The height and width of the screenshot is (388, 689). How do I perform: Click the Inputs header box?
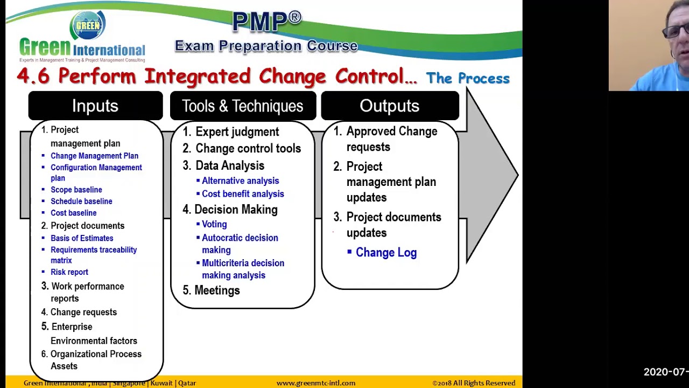tap(95, 106)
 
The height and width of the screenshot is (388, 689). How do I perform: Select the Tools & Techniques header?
tap(242, 106)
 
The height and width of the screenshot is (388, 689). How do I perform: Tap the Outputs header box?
tap(389, 106)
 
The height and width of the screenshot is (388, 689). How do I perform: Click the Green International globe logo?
tap(88, 25)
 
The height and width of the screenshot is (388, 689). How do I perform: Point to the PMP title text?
tap(266, 22)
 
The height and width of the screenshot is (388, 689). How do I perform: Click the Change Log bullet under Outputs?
tap(385, 252)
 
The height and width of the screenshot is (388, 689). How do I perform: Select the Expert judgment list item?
tap(237, 131)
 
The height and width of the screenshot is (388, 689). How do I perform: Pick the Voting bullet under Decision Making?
tap(214, 224)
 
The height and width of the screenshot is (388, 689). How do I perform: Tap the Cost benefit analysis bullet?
tap(242, 194)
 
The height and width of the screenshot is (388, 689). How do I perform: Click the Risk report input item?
tap(69, 272)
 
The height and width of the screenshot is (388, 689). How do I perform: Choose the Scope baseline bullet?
tap(76, 190)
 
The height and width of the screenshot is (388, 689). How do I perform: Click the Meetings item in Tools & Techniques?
tap(217, 290)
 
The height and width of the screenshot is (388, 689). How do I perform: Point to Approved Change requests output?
tap(391, 139)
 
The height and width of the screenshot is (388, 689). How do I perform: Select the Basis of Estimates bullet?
tap(82, 238)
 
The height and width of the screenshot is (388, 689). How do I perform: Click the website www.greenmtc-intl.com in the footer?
tap(316, 383)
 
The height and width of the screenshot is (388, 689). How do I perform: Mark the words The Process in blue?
tap(468, 79)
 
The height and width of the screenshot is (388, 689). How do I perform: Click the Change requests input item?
tap(83, 312)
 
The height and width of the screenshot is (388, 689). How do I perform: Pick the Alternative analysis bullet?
tap(240, 181)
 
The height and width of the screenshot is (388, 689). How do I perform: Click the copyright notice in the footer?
tap(474, 383)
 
